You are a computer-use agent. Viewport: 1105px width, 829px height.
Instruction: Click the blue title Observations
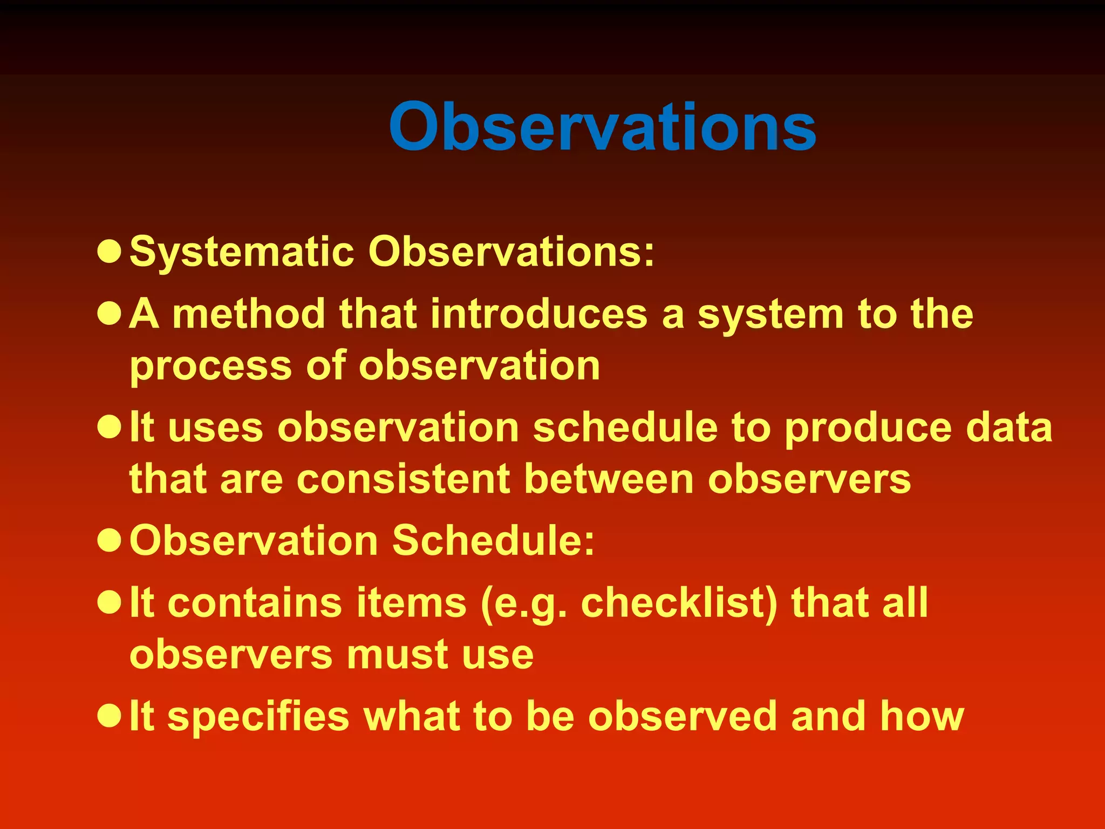point(602,127)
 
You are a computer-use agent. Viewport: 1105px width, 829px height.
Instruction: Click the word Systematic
point(242,253)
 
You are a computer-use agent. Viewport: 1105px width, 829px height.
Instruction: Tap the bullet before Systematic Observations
point(110,252)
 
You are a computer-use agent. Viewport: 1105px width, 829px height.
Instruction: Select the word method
point(249,314)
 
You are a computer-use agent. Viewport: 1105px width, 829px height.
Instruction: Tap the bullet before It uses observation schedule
point(110,427)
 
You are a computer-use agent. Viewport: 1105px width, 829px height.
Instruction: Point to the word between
point(609,479)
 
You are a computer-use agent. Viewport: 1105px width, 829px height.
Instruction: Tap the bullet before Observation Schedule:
point(110,540)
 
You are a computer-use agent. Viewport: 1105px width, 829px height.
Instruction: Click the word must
point(392,655)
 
